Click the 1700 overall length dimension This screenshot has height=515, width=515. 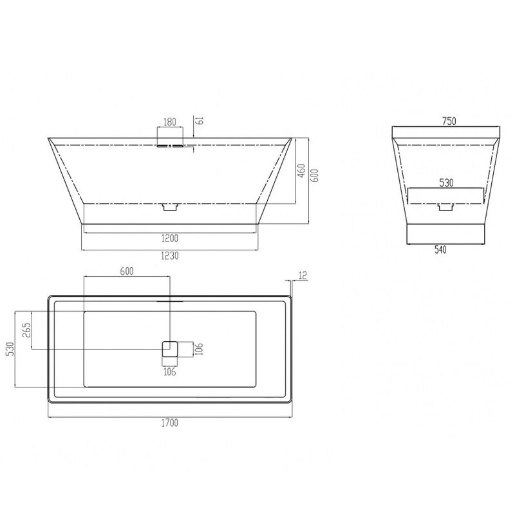point(170,423)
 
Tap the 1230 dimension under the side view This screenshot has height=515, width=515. point(170,256)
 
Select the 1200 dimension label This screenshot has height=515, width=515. point(170,238)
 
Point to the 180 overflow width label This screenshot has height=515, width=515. point(170,122)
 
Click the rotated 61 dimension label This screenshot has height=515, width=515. point(200,120)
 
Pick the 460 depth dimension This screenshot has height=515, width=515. point(301,171)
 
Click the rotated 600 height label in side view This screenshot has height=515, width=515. point(315,176)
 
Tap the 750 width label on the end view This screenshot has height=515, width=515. point(449,121)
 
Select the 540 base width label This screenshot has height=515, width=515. point(440,250)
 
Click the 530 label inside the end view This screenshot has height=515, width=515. point(446,183)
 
